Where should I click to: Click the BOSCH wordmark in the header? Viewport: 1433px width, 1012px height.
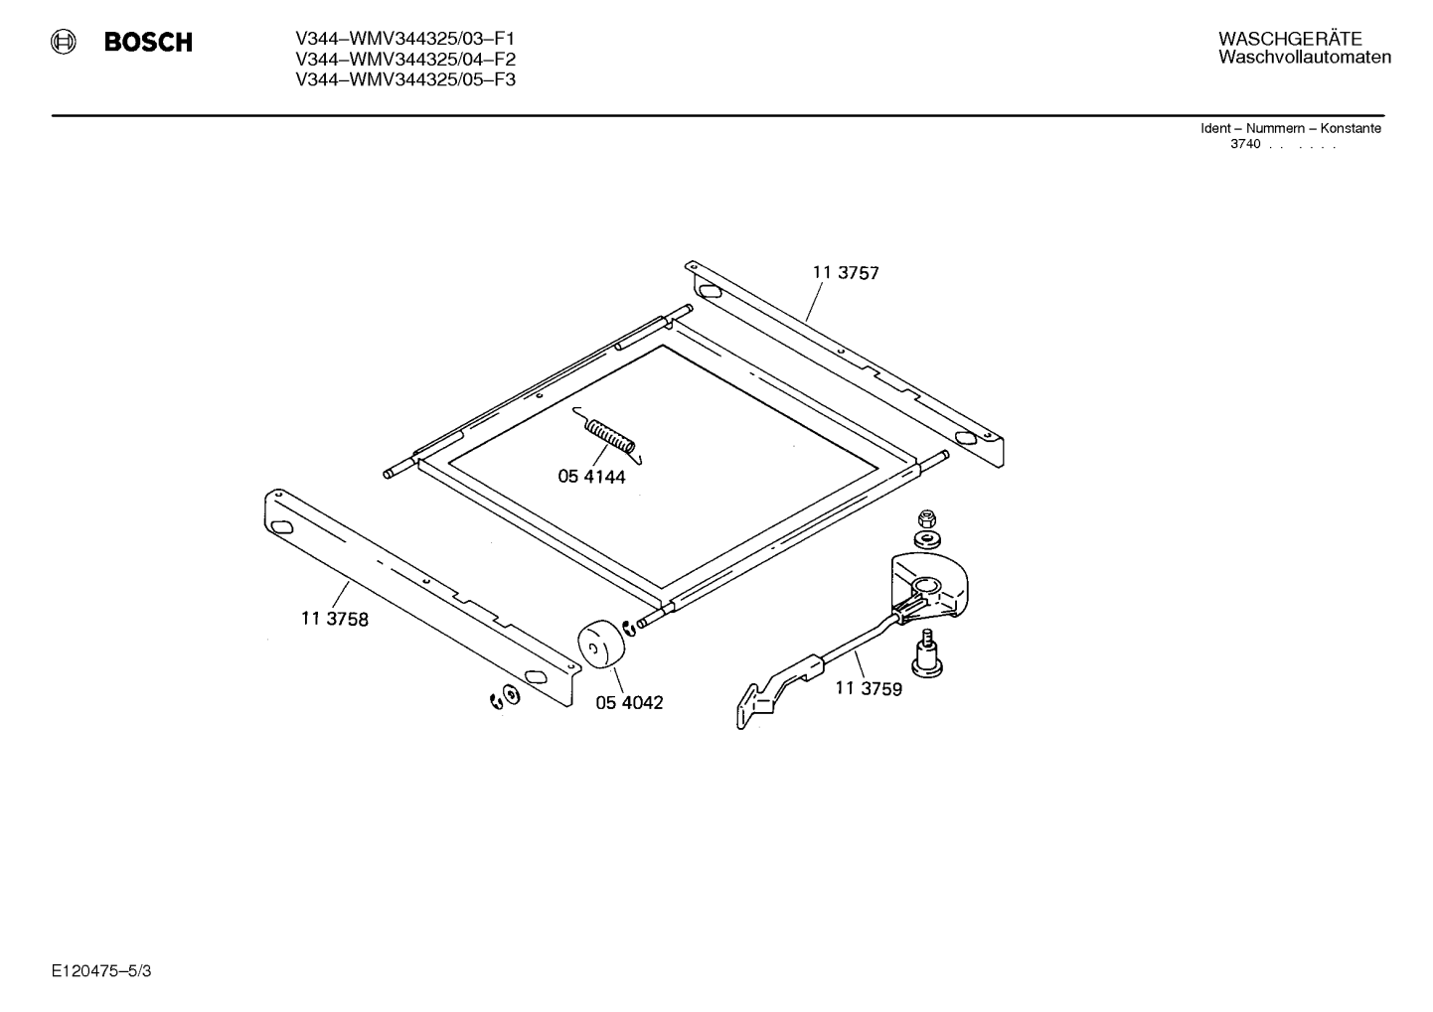(x=148, y=42)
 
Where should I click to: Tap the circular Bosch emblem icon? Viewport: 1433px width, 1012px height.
(x=64, y=42)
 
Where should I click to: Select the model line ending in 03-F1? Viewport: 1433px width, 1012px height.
(x=404, y=39)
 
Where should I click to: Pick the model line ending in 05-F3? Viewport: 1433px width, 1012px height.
(x=404, y=79)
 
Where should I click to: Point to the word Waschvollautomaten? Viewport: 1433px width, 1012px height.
(x=1305, y=57)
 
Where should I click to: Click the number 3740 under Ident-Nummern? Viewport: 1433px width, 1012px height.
(x=1245, y=144)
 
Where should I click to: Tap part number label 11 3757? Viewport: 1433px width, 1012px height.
(x=846, y=273)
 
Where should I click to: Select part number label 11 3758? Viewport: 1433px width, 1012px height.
(x=335, y=619)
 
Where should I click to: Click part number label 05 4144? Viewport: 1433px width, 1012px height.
(x=591, y=477)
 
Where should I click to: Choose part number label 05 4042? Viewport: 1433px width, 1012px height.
(x=629, y=702)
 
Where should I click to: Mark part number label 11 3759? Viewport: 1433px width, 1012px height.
(x=869, y=688)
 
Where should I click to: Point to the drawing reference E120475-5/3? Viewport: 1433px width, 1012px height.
(x=101, y=971)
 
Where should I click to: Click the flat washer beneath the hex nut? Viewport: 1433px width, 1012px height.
(x=926, y=539)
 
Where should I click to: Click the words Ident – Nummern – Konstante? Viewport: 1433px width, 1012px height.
(x=1290, y=128)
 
